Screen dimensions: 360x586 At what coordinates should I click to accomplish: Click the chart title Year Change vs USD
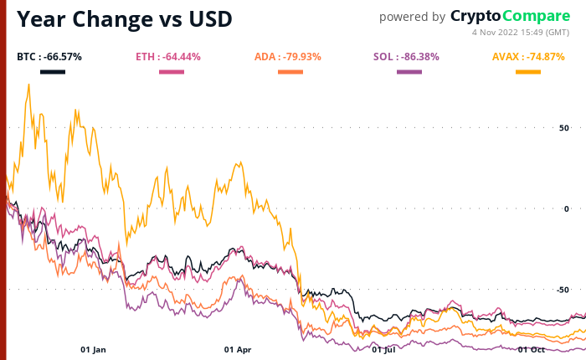pos(125,18)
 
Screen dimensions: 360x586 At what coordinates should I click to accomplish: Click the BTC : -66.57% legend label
pos(49,57)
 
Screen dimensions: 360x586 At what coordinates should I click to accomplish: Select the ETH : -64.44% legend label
pos(168,57)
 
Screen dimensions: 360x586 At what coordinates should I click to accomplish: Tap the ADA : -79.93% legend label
pos(288,57)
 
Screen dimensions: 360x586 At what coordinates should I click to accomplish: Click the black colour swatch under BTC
pos(53,72)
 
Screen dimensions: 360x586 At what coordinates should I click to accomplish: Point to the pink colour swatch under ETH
pos(172,72)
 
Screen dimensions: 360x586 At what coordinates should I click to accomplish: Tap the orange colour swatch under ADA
pos(290,72)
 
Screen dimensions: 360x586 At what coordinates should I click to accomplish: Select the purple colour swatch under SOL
pos(409,72)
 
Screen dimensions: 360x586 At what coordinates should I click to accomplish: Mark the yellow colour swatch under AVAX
pos(528,72)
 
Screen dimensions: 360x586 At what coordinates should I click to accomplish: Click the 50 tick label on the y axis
pos(563,128)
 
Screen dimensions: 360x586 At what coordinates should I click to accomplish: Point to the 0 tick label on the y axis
pos(566,208)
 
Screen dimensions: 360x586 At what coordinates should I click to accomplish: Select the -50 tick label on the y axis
pos(562,290)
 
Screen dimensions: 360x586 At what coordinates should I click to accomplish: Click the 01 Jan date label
pos(93,349)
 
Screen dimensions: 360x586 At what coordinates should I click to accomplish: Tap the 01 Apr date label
pos(238,349)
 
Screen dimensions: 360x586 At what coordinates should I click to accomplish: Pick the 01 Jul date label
pos(383,349)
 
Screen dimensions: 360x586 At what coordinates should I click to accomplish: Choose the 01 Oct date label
pos(531,349)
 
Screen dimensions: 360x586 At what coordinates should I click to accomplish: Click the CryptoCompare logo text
pos(510,16)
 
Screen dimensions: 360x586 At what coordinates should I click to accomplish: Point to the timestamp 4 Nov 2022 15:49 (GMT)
pos(521,32)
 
